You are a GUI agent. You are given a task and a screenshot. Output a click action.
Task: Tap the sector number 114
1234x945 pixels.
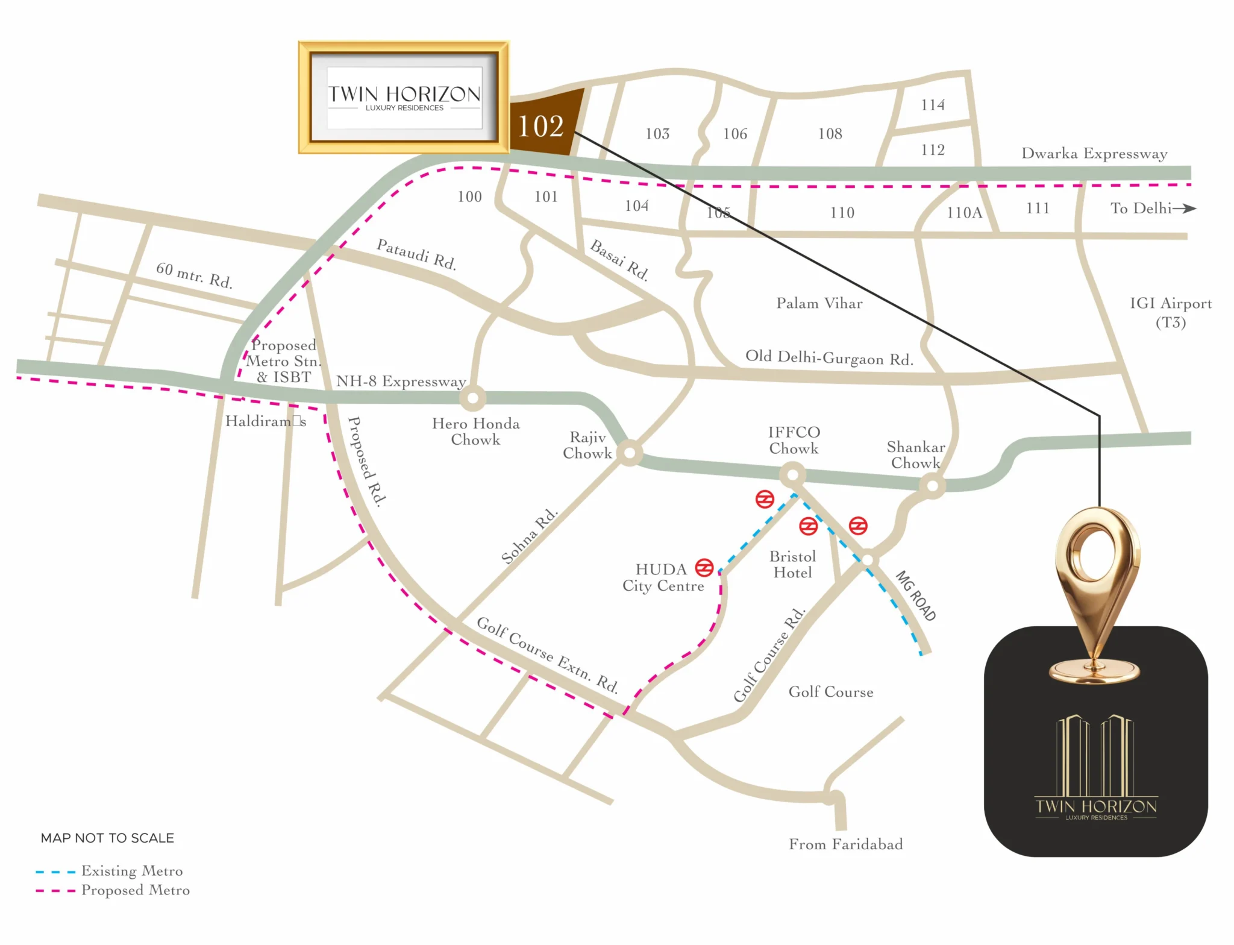932,105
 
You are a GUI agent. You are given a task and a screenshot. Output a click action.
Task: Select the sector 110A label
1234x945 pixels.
963,213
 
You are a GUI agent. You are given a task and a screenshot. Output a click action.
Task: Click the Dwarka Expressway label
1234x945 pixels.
1094,154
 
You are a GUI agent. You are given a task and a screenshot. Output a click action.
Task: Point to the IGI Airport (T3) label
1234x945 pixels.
1170,312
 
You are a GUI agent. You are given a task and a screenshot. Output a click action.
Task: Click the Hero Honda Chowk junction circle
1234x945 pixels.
472,398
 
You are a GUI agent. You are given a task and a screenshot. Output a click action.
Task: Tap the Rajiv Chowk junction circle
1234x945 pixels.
630,453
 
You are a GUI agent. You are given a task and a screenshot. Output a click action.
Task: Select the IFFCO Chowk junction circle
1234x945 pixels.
792,475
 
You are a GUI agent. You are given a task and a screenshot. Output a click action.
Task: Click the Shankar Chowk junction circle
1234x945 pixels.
932,485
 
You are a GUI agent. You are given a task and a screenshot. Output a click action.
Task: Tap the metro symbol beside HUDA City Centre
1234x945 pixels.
704,567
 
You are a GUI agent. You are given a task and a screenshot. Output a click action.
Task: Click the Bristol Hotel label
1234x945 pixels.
792,565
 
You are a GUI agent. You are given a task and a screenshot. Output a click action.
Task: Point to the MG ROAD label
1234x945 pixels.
915,595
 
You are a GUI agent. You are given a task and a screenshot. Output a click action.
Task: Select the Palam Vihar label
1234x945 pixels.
819,303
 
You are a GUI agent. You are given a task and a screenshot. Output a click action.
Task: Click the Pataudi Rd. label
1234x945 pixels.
416,254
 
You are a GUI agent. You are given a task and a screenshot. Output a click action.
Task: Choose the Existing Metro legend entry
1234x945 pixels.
131,871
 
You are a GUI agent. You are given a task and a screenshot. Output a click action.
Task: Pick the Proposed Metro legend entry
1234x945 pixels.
135,890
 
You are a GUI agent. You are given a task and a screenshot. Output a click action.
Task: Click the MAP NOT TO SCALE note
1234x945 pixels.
107,838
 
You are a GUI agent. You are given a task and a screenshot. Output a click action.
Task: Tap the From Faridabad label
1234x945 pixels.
845,844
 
